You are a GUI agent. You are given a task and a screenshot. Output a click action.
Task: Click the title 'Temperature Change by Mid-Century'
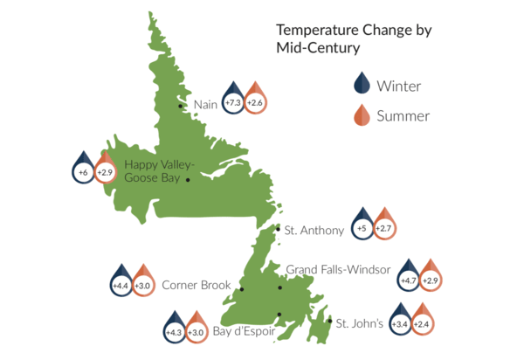(354, 38)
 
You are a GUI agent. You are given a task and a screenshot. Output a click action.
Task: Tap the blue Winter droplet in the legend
(362, 84)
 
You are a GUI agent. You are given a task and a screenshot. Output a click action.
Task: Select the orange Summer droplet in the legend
(362, 115)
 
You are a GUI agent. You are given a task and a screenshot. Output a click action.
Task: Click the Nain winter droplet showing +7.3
(233, 100)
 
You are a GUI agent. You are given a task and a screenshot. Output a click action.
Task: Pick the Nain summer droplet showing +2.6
(255, 100)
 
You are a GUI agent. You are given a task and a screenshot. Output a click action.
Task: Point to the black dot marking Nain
(180, 106)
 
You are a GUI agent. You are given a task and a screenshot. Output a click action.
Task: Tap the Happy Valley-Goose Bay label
(159, 171)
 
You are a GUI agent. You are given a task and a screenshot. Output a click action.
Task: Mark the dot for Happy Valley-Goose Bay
(188, 180)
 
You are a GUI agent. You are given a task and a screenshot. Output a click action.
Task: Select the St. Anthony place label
(314, 231)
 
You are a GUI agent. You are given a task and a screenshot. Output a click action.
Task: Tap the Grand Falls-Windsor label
(338, 269)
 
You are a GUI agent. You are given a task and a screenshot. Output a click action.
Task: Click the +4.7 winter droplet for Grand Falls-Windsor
(409, 277)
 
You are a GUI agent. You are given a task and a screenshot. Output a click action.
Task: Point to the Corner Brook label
(196, 285)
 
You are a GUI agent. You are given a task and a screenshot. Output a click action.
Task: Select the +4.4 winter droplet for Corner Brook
(121, 282)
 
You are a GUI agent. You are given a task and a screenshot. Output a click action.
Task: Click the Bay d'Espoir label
(244, 331)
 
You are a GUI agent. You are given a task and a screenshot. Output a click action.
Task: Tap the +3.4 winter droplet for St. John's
(401, 321)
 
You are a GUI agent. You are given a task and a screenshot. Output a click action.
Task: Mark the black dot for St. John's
(330, 321)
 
